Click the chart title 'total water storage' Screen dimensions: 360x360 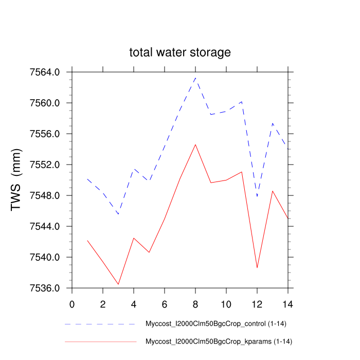(x=179, y=52)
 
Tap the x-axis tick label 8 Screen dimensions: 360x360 (x=195, y=303)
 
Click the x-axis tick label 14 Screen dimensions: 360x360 (x=288, y=303)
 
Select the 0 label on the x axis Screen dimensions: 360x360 (x=72, y=303)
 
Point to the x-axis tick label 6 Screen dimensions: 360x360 (x=165, y=303)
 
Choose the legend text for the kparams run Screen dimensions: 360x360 (x=219, y=341)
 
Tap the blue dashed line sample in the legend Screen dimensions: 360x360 (x=100, y=325)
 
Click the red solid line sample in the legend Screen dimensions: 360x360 (x=100, y=341)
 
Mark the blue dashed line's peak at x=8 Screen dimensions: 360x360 (x=195, y=78)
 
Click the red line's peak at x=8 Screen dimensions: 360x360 (x=195, y=145)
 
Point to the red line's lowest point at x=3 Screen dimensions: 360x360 (x=118, y=284)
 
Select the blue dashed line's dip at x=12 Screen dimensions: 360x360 (x=257, y=196)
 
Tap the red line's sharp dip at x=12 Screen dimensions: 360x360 (x=257, y=268)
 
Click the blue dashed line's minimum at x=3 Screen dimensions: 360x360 (x=118, y=214)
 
